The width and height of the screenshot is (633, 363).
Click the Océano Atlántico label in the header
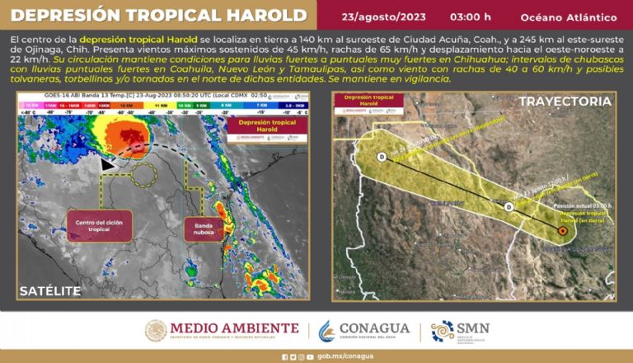pyautogui.click(x=569, y=16)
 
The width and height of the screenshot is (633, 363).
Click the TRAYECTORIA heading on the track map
pyautogui.click(x=565, y=101)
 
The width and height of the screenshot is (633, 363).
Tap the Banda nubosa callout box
pyautogui.click(x=204, y=229)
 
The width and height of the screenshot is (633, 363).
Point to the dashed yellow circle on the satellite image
pyautogui.click(x=145, y=174)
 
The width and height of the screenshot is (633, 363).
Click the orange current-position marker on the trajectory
pyautogui.click(x=562, y=232)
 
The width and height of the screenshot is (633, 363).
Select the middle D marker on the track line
pyautogui.click(x=509, y=206)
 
